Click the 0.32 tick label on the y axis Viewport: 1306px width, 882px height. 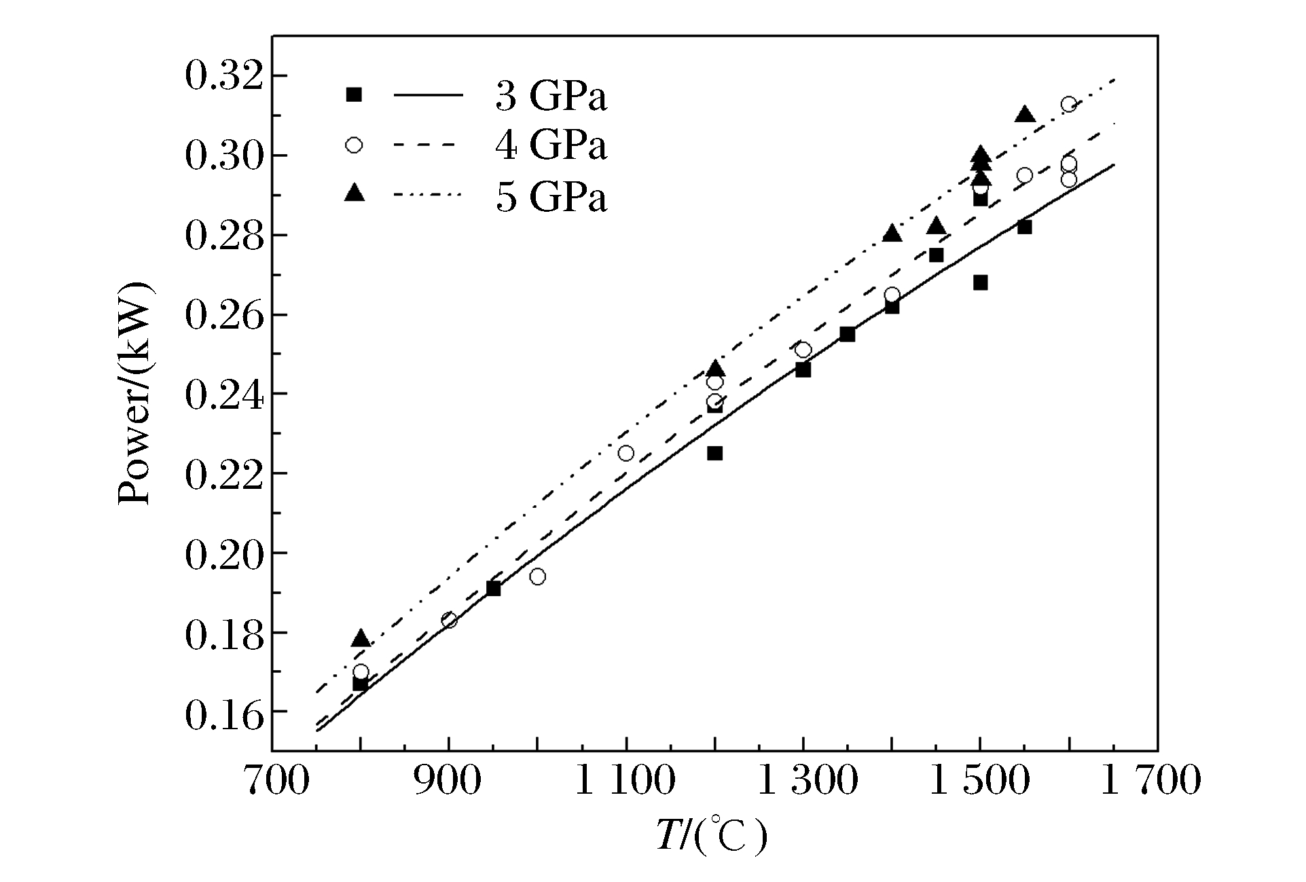point(223,76)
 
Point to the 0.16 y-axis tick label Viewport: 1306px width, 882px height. point(223,712)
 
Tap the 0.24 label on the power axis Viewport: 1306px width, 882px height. point(223,394)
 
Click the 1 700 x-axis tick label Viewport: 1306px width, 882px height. point(1149,781)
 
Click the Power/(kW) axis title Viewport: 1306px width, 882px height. point(135,394)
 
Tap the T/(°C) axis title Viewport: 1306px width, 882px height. point(710,836)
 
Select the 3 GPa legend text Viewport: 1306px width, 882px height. point(551,97)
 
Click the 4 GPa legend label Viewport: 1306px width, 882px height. point(551,146)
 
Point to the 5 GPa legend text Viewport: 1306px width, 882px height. point(551,198)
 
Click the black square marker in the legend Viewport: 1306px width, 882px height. point(354,95)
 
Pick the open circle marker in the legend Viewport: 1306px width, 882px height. point(354,145)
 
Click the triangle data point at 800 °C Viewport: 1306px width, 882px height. point(361,639)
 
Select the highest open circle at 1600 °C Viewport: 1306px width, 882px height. point(1069,104)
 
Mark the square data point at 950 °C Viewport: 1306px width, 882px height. point(494,589)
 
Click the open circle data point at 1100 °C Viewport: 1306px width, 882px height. point(626,453)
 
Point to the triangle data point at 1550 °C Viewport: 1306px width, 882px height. point(1025,115)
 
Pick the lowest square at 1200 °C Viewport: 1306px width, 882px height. point(714,453)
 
